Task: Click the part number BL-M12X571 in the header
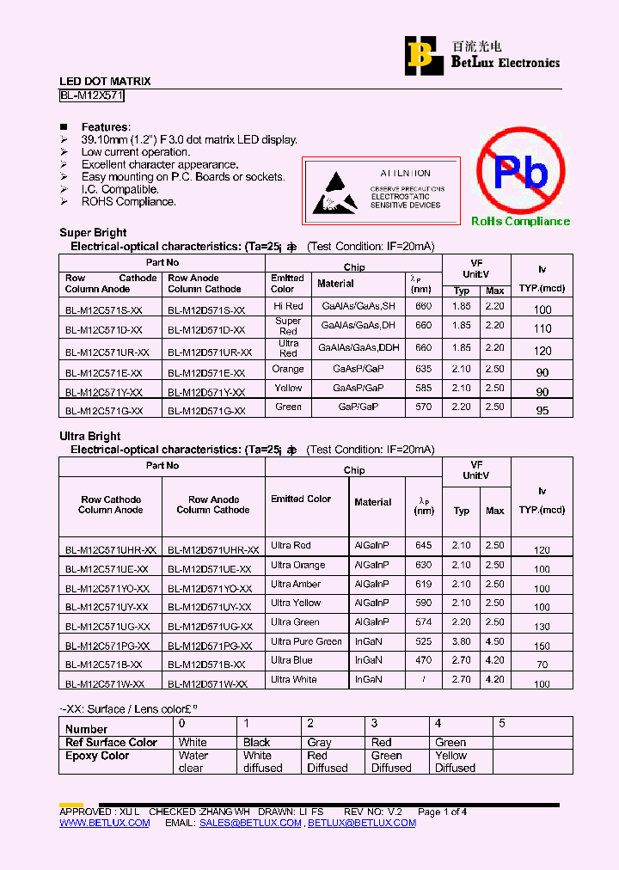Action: coord(92,96)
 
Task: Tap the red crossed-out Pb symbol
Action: coord(520,172)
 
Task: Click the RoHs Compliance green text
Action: coord(520,222)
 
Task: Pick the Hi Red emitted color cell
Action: coord(288,306)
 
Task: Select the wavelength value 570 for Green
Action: coord(423,407)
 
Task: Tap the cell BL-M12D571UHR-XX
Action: coord(213,549)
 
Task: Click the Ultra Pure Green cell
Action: coord(306,641)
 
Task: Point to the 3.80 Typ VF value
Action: coord(462,641)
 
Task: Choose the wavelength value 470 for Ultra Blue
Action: coord(423,660)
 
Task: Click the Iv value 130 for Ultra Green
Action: coord(542,628)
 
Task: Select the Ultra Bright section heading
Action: coord(90,436)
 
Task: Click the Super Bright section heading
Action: coord(93,232)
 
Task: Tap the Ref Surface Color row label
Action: coord(111,743)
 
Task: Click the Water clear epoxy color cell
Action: coord(193,762)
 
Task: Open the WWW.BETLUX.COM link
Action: coord(104,823)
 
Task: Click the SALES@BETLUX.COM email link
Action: coord(250,823)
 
